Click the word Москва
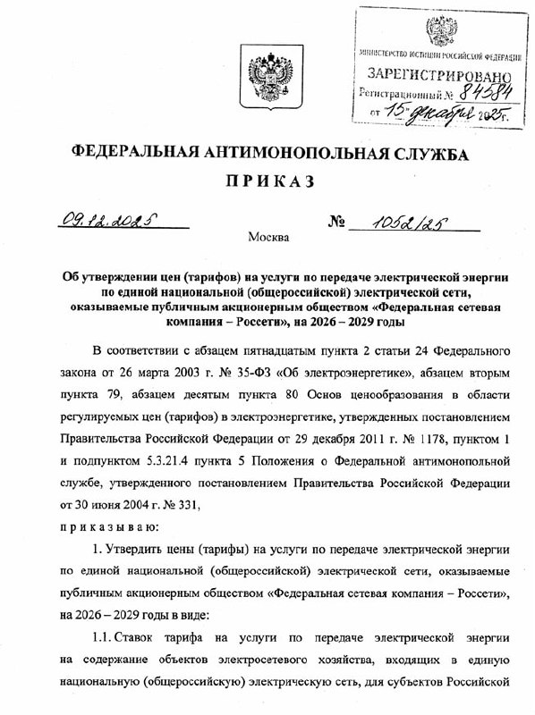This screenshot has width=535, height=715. (267, 238)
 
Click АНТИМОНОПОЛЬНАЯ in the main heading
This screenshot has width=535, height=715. (300, 154)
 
